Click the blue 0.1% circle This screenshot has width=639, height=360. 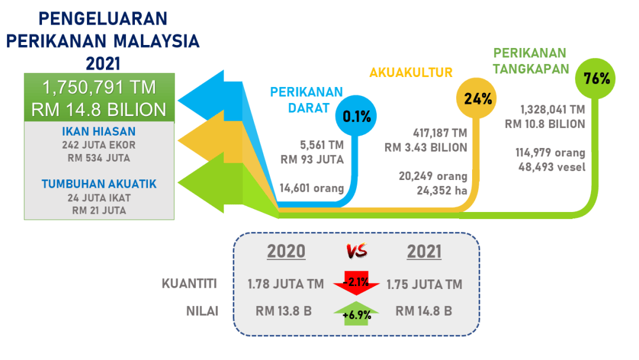click(356, 116)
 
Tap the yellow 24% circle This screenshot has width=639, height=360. click(476, 98)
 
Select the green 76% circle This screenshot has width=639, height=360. click(595, 78)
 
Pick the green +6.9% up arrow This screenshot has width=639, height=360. click(356, 313)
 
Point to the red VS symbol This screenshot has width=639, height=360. click(357, 250)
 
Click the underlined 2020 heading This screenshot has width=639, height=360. click(286, 251)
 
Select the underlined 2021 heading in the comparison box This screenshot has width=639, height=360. click(424, 251)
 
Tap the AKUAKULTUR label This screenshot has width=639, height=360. click(411, 73)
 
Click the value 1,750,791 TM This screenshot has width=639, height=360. click(99, 87)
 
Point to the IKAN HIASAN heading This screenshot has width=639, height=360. click(99, 131)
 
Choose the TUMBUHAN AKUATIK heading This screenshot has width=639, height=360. click(99, 184)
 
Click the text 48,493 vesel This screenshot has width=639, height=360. click(552, 167)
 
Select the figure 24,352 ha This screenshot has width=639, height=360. click(442, 191)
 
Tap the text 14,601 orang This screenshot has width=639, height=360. click(312, 188)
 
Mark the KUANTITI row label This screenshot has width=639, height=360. click(189, 284)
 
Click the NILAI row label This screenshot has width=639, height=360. click(202, 311)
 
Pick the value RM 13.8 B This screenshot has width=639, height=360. click(283, 311)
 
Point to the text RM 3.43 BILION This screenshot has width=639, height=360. click(426, 147)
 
